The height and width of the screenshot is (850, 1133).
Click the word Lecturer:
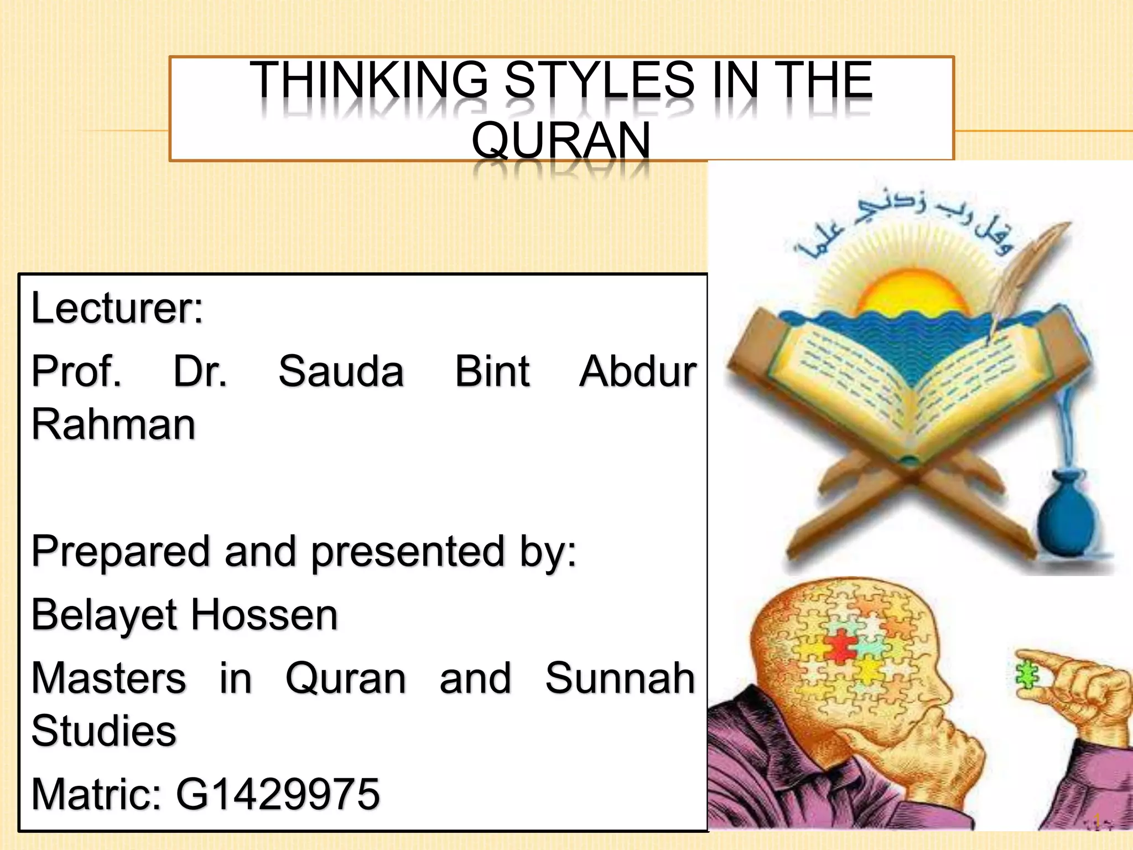117,308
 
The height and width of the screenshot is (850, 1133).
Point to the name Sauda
341,371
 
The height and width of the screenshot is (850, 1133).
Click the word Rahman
113,425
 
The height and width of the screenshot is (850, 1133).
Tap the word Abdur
638,371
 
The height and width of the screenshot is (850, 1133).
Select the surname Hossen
264,615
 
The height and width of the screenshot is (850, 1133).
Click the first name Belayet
103,615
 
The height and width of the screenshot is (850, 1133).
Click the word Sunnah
620,678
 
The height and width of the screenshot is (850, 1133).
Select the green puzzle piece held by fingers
1027,676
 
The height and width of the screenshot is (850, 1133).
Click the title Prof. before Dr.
76,371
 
